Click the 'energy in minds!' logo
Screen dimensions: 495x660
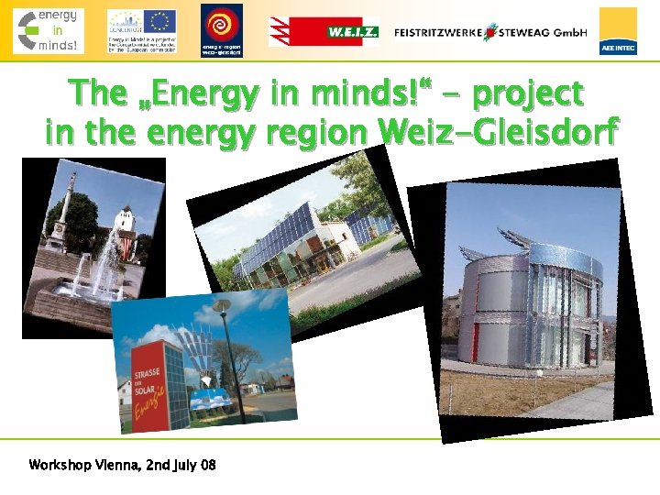(x=48, y=30)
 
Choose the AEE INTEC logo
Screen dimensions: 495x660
(x=618, y=31)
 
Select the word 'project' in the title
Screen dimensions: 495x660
(x=529, y=93)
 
